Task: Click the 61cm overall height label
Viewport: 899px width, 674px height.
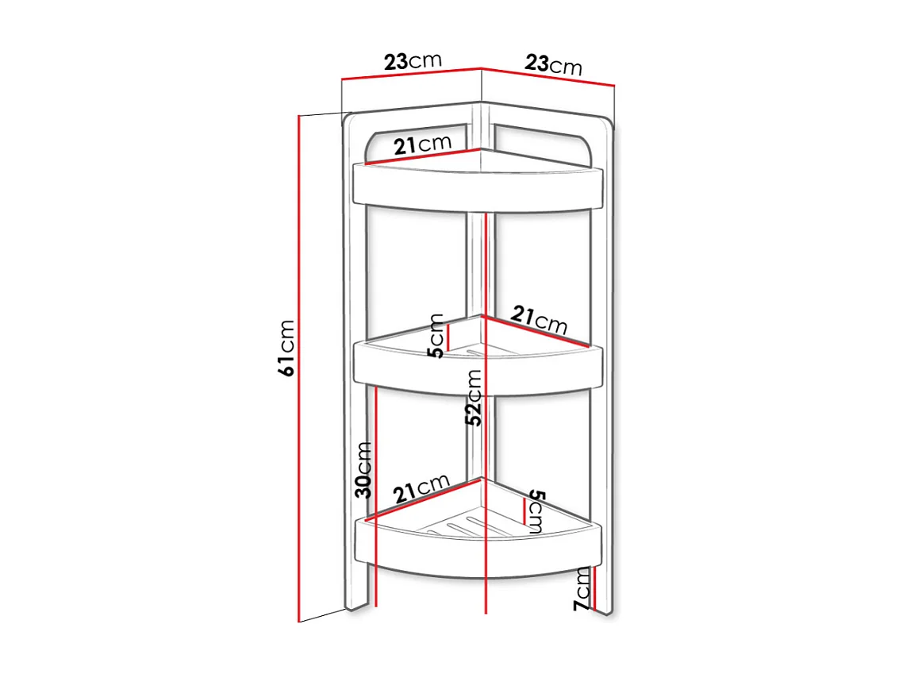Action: tap(286, 347)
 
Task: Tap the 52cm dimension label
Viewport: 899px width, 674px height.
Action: tap(474, 398)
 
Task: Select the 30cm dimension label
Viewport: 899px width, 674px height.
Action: tap(363, 469)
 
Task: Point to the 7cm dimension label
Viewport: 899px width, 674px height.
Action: tap(582, 588)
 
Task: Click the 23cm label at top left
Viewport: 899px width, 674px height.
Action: tap(412, 61)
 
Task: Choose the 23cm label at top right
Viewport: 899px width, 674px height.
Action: tap(553, 64)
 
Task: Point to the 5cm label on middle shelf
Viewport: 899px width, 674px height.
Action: tap(436, 335)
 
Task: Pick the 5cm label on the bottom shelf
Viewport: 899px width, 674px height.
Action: tap(536, 511)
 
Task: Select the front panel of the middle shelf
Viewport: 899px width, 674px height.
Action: tap(476, 373)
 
